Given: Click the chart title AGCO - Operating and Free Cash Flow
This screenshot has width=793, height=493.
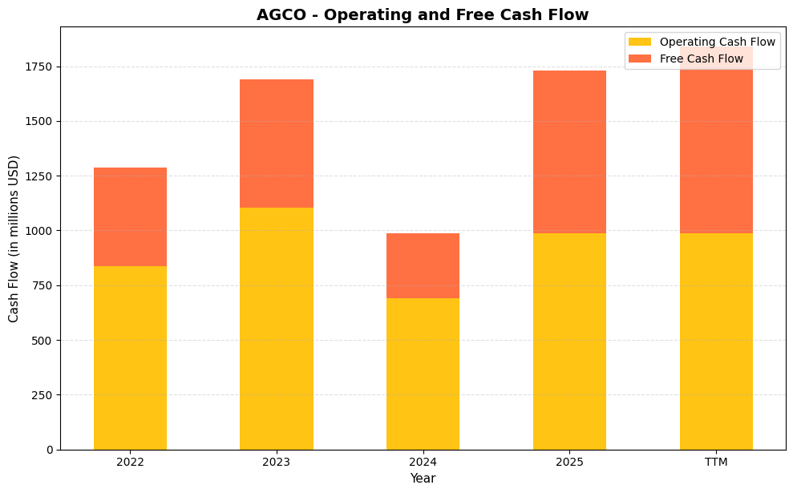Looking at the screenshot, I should click(x=423, y=14).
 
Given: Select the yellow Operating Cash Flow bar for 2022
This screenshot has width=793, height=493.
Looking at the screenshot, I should click(x=130, y=358).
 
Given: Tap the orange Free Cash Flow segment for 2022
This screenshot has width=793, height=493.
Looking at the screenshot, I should click(x=130, y=216).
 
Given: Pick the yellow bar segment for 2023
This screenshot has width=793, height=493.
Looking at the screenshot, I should click(x=277, y=329).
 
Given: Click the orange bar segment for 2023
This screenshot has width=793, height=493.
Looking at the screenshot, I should click(x=277, y=143).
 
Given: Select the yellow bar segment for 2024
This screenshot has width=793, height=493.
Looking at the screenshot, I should click(x=423, y=374).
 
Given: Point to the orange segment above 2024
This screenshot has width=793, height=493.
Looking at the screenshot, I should click(x=423, y=265).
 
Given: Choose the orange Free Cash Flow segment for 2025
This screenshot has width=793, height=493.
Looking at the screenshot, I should click(x=569, y=152).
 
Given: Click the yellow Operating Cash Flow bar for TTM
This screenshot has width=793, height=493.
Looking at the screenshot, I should click(x=716, y=341).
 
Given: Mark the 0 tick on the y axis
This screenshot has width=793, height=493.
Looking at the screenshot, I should click(x=49, y=450).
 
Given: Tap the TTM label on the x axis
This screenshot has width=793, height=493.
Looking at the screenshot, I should click(x=716, y=462).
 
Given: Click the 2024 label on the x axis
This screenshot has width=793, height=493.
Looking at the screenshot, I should click(x=423, y=462).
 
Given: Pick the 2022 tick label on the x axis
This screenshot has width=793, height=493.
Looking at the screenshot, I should click(x=130, y=462).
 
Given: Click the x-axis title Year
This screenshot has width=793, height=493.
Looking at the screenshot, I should click(x=423, y=479).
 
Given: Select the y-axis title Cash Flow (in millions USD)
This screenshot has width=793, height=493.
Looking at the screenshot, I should click(x=14, y=238).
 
